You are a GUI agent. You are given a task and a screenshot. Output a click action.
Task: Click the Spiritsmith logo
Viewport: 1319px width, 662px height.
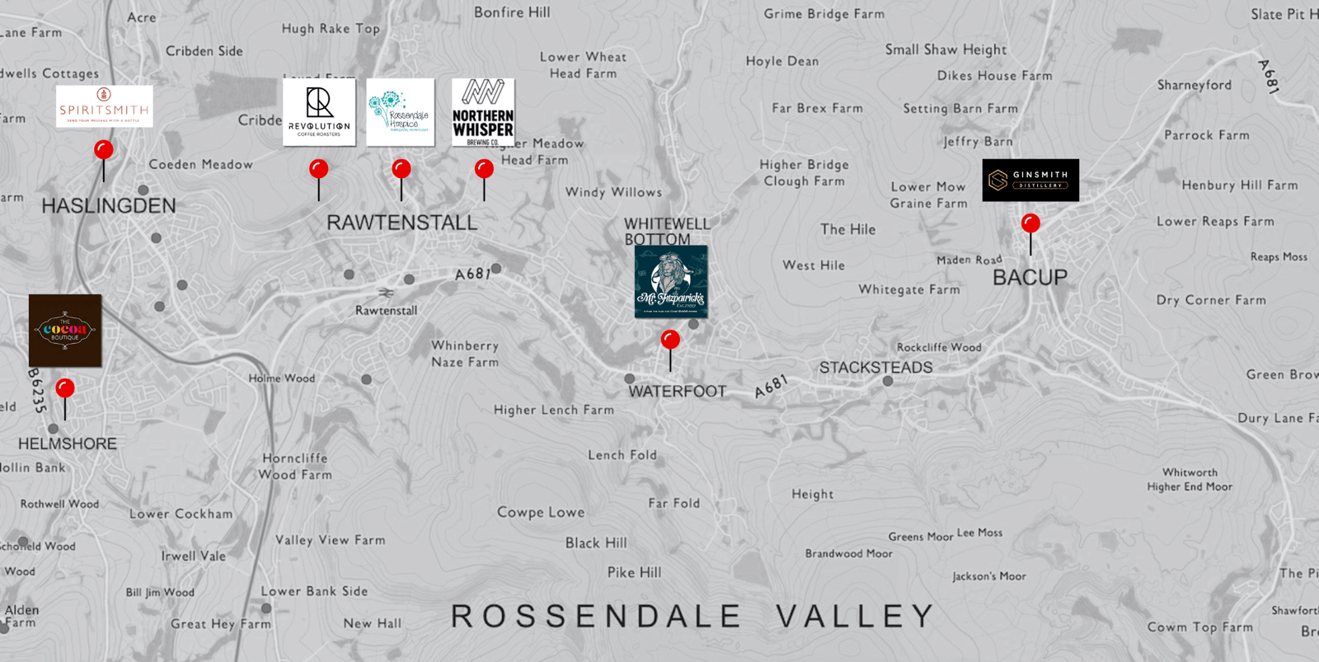[x=105, y=106]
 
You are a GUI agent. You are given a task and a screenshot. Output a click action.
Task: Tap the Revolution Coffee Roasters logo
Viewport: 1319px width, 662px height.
[x=319, y=112]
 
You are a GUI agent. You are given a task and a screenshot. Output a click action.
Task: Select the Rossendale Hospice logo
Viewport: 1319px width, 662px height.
[x=400, y=112]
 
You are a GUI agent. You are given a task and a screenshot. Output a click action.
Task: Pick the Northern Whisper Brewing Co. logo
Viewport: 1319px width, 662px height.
[x=483, y=112]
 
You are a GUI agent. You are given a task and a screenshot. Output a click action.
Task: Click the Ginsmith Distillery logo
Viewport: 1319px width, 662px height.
[x=1030, y=180]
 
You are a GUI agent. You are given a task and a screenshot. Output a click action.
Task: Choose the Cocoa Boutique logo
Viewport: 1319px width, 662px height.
[x=65, y=330]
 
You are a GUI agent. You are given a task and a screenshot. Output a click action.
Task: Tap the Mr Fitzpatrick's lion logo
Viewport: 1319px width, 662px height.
[x=671, y=281]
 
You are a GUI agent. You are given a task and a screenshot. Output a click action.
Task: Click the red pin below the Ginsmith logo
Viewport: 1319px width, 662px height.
[x=1030, y=223]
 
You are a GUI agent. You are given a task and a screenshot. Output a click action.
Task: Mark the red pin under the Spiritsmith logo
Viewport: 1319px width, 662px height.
[x=104, y=150]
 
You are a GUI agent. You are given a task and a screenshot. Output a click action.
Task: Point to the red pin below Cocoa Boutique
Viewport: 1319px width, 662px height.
[x=65, y=388]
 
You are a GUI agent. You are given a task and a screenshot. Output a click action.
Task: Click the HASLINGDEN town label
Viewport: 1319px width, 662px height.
[x=109, y=206]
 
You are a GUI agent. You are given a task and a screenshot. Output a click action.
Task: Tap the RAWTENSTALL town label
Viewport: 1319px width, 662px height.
[x=401, y=223]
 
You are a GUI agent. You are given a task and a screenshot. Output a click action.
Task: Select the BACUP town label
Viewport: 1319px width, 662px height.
[x=1030, y=278]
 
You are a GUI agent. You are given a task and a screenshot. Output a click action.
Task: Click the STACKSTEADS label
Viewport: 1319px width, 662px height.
[x=875, y=368]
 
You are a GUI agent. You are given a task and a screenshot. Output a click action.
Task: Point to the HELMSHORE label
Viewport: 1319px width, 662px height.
[x=68, y=444]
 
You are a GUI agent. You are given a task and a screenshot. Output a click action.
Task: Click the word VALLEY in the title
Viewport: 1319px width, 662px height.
[x=855, y=617]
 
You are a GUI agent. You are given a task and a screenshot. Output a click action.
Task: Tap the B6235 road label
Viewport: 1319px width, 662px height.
[x=37, y=390]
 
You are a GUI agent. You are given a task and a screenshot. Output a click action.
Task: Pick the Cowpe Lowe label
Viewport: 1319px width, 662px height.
[x=541, y=512]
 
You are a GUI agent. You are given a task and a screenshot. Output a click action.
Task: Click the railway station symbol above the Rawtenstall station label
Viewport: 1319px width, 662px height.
[x=385, y=293]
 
